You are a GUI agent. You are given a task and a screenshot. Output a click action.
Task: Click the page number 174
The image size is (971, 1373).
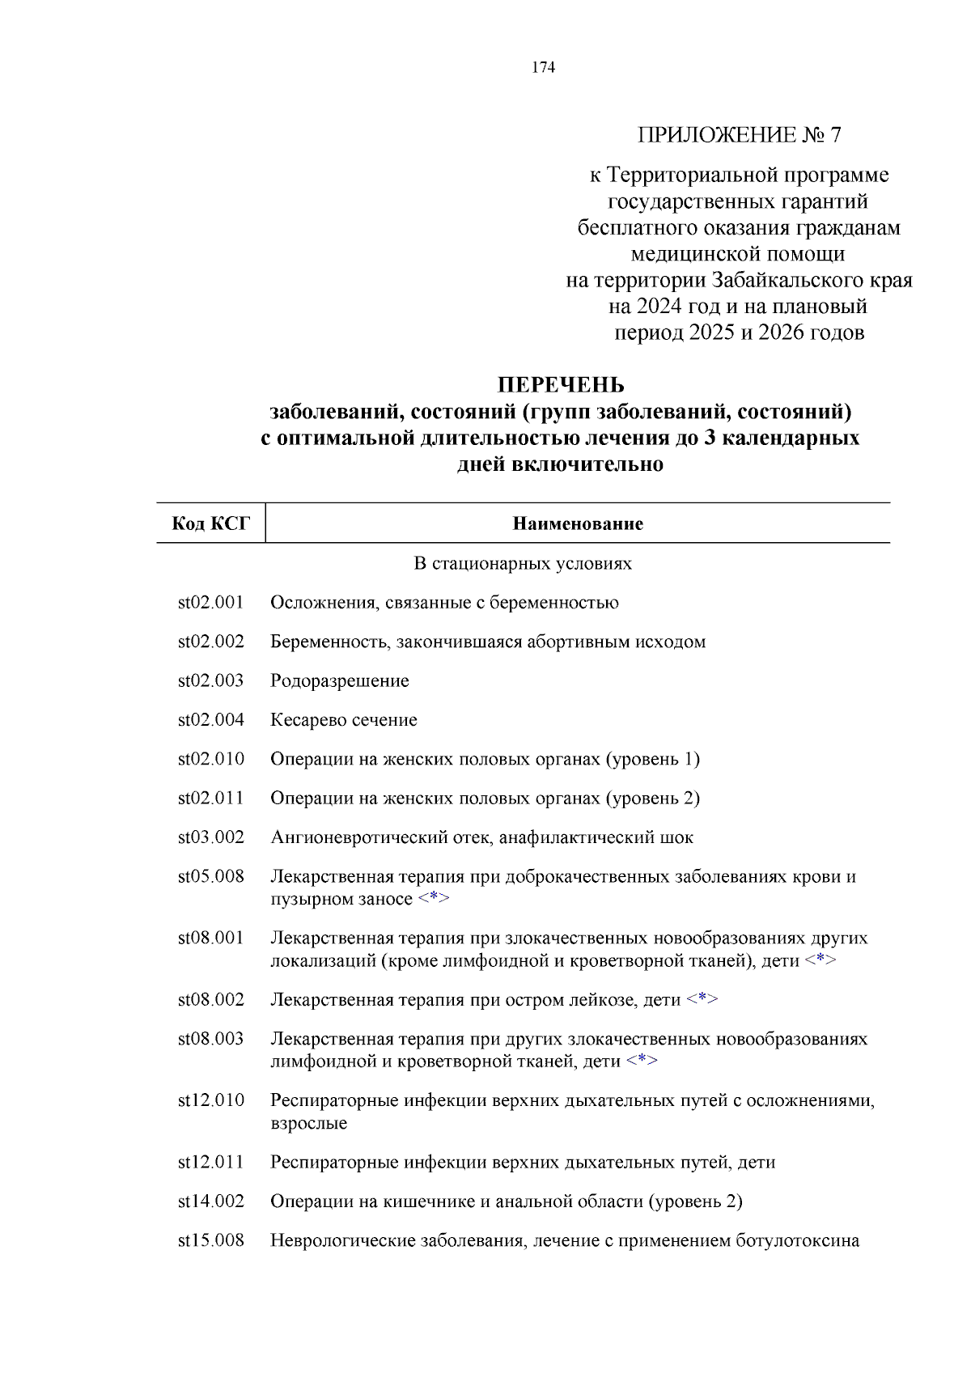(x=543, y=67)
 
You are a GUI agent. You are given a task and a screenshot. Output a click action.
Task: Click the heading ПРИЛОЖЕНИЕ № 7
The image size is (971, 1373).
(x=739, y=134)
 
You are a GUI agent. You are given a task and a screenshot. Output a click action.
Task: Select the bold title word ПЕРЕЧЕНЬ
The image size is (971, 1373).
(x=560, y=385)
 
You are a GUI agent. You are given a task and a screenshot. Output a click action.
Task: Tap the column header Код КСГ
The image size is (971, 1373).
(x=210, y=523)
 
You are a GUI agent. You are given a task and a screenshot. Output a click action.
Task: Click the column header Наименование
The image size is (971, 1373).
(x=578, y=523)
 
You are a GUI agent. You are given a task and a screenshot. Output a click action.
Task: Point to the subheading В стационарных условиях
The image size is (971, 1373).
(x=523, y=563)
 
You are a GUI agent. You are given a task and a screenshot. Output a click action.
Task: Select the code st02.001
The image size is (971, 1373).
(x=210, y=602)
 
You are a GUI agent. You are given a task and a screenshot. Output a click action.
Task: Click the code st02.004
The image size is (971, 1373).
(x=210, y=719)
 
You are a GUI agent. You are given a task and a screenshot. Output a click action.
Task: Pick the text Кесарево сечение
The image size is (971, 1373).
(x=344, y=719)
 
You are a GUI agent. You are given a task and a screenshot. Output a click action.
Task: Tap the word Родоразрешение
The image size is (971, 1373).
(x=340, y=680)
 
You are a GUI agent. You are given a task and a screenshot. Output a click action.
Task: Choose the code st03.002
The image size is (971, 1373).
(x=210, y=837)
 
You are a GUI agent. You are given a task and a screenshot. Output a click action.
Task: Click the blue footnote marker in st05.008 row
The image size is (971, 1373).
(x=434, y=899)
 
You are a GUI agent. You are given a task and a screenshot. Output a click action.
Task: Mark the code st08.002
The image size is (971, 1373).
(x=210, y=999)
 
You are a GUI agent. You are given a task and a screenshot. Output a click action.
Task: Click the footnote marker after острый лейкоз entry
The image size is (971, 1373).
(x=702, y=999)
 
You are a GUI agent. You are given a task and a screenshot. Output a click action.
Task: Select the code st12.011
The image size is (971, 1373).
(x=210, y=1162)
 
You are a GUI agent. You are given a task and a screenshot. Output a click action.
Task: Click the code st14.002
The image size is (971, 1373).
(x=210, y=1201)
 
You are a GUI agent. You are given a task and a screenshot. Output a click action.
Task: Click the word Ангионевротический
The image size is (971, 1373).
(x=354, y=837)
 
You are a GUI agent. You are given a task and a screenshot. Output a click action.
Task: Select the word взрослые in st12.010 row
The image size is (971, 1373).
(x=308, y=1123)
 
